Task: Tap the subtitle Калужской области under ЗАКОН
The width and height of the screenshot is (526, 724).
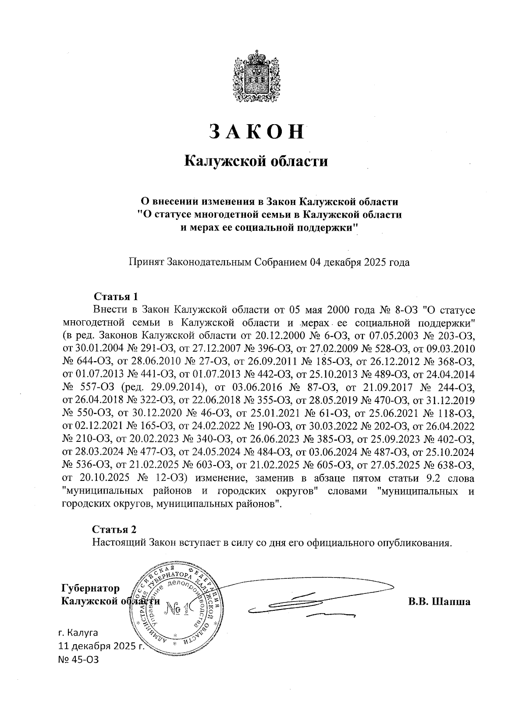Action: pos(256,161)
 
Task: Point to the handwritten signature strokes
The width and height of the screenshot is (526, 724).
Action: pos(307,601)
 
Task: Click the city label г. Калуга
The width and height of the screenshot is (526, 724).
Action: pos(78,633)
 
